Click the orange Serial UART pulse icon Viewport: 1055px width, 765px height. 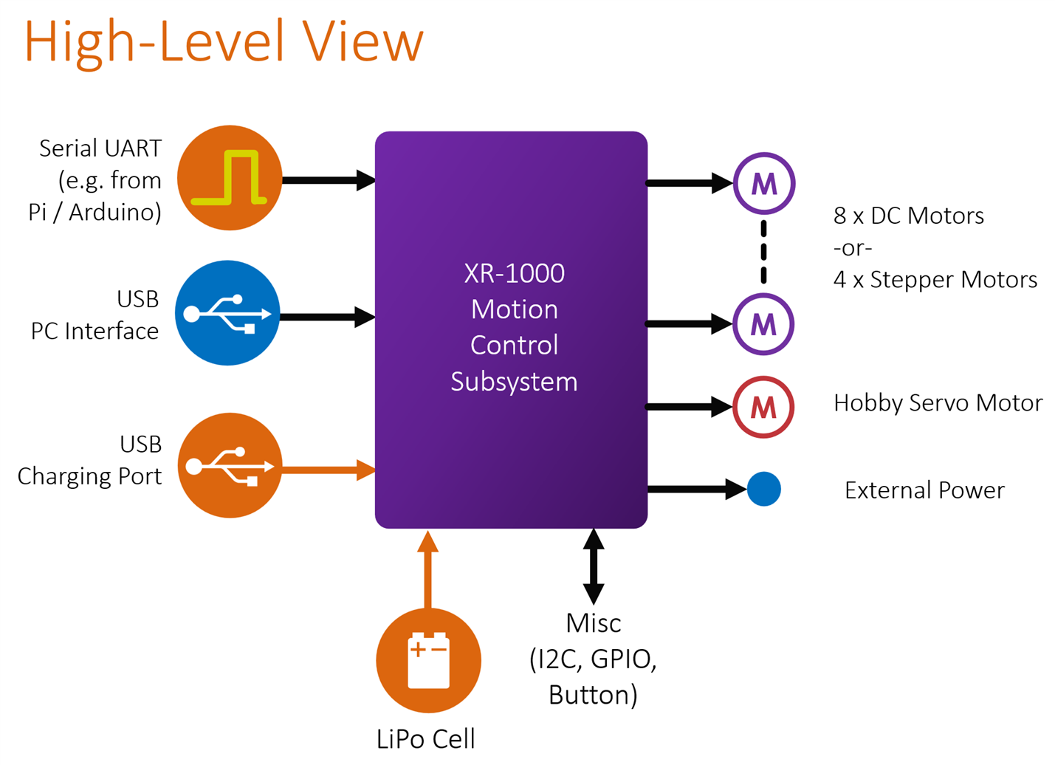click(230, 178)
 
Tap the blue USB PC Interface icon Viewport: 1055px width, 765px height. click(227, 313)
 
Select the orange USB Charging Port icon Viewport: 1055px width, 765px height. click(230, 465)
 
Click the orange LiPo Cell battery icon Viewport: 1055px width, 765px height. click(428, 660)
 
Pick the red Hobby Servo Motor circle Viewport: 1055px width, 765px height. click(763, 407)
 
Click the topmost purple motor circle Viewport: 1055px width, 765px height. click(763, 183)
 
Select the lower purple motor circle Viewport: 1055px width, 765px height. click(763, 324)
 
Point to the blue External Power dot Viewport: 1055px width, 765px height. click(764, 489)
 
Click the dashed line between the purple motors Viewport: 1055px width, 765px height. click(763, 253)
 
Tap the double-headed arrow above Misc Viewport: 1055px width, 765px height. click(594, 566)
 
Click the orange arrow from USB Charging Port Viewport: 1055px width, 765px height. click(329, 470)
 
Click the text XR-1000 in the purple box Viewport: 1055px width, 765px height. click(514, 273)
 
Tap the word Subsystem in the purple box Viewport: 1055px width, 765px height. click(514, 382)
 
